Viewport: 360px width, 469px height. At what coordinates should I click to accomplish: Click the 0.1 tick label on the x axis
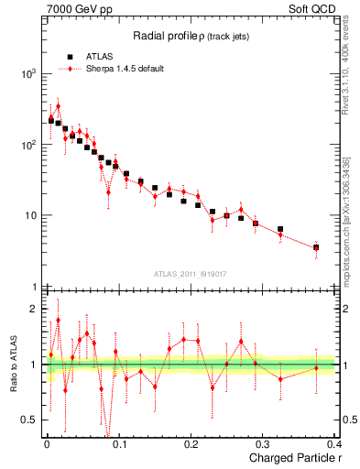[119, 445]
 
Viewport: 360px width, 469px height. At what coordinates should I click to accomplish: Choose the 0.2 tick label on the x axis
[191, 445]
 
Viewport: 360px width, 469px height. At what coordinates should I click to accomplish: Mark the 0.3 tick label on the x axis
[264, 445]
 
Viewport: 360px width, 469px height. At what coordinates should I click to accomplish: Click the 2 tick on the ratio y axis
[35, 309]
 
